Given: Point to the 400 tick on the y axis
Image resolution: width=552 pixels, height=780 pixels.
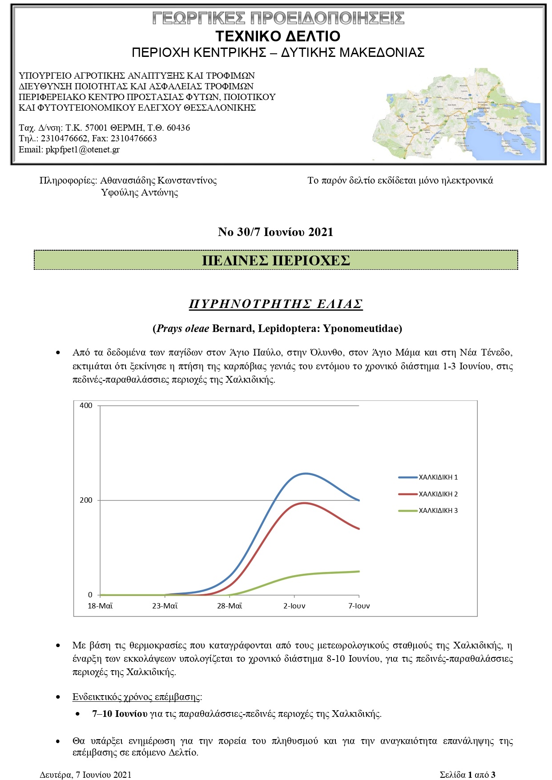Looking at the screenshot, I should click(x=86, y=405).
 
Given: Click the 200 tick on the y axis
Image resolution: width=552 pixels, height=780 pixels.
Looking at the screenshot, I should click(x=86, y=500).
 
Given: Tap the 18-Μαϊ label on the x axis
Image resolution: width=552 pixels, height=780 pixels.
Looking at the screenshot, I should click(x=100, y=606).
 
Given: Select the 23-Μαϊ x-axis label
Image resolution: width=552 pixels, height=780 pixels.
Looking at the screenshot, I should click(x=165, y=606).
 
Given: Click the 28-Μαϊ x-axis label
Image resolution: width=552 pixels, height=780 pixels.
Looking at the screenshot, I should click(x=230, y=606).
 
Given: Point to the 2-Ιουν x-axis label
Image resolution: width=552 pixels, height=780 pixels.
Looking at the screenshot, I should click(x=294, y=606).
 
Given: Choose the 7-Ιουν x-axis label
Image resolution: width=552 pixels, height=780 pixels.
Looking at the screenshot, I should click(x=359, y=606).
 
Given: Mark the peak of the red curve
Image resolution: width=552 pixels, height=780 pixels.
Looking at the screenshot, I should click(x=304, y=503).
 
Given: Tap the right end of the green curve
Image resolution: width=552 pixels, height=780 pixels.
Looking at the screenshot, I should click(x=359, y=572).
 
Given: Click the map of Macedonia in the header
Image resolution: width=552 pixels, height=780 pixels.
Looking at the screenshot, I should click(x=456, y=115).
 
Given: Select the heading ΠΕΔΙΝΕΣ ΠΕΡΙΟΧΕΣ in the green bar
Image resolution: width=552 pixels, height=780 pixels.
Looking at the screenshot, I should click(x=276, y=260).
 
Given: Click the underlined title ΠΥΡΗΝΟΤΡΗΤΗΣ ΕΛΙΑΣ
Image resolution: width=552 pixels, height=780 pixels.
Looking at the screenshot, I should click(x=276, y=304).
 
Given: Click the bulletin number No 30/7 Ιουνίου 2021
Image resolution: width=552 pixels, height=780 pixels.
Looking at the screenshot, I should click(x=275, y=232).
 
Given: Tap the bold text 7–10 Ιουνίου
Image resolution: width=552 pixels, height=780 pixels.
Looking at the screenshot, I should click(x=120, y=714).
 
